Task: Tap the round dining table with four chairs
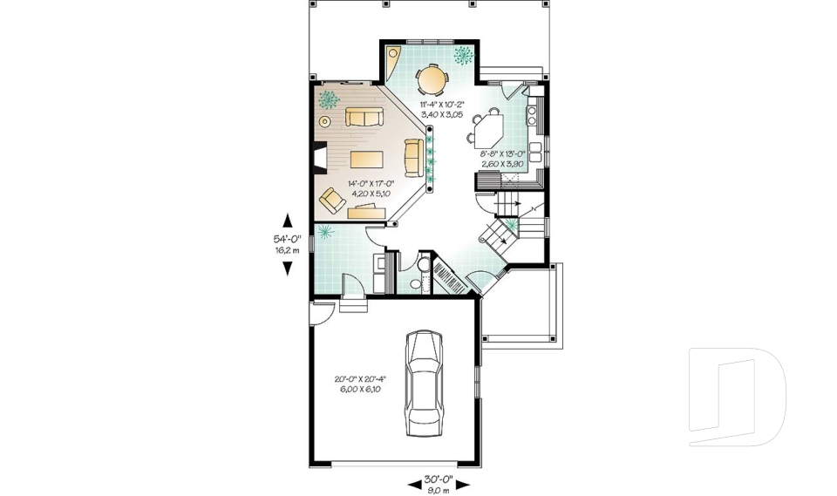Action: coord(431,80)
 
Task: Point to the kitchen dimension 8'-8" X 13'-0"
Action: coord(503,157)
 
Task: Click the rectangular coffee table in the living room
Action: coord(367,159)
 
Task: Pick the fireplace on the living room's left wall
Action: coord(319,159)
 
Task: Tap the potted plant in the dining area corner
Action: coord(463,56)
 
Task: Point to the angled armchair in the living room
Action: coord(333,200)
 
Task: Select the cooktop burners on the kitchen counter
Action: coord(534,111)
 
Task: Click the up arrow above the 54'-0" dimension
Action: coord(287,221)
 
